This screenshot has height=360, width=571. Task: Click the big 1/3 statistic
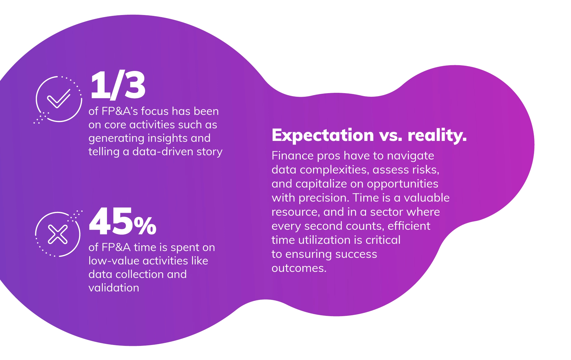click(x=118, y=85)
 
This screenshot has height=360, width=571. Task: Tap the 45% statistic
click(x=122, y=221)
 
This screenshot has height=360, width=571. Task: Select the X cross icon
click(x=58, y=234)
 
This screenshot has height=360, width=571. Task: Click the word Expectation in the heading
click(x=322, y=135)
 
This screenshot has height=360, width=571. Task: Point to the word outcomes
click(x=299, y=268)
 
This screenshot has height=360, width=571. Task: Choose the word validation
click(x=114, y=288)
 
